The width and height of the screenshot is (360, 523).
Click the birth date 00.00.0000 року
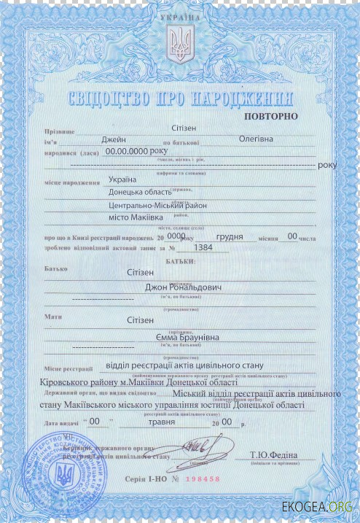(x=136, y=150)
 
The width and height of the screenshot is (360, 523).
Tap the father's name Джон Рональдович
(x=184, y=287)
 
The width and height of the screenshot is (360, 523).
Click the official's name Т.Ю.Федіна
(x=271, y=455)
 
